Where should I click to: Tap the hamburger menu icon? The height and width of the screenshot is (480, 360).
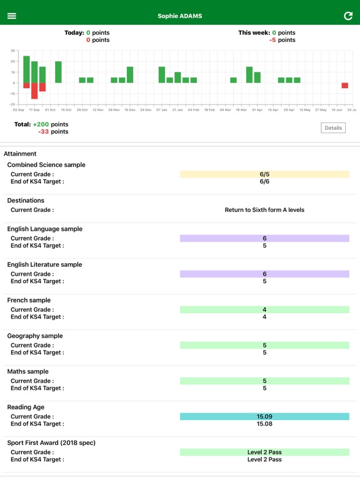11,16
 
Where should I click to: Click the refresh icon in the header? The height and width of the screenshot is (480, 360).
348,16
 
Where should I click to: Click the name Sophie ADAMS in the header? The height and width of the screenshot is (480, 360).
180,16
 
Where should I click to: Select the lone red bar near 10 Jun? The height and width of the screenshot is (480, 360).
344,86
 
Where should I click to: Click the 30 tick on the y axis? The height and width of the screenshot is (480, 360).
12,51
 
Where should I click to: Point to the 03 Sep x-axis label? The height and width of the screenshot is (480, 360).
19,109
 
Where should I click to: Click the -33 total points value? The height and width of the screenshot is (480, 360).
44,132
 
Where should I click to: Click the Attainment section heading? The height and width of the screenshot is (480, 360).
20,154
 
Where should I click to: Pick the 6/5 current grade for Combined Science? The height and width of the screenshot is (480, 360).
264,174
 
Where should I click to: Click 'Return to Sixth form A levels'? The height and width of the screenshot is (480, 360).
264,210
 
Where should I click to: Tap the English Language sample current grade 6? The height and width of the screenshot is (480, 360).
264,239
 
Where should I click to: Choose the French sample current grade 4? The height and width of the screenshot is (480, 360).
264,310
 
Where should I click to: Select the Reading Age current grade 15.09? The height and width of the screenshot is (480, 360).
264,416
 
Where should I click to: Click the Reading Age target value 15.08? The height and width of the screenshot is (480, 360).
264,424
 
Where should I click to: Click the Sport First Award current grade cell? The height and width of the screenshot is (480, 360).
264,452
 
